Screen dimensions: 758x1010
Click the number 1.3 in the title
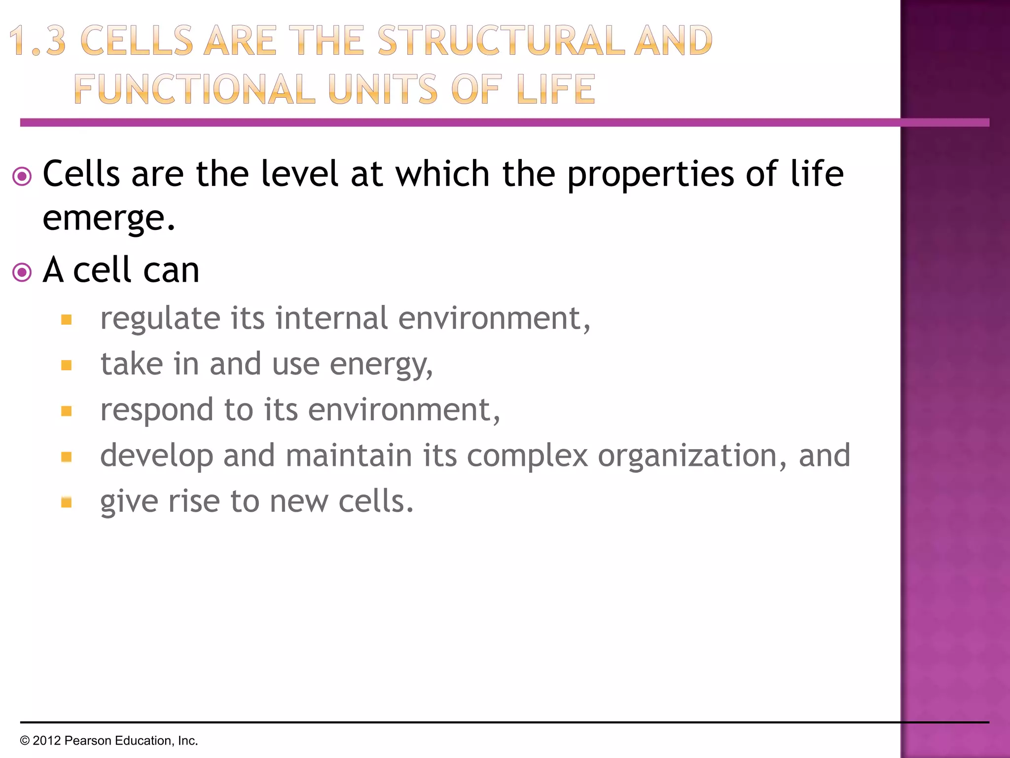(x=37, y=40)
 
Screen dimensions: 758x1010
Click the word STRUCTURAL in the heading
(x=501, y=40)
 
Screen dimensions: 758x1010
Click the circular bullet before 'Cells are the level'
(x=22, y=176)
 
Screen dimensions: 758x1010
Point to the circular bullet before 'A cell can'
(x=22, y=272)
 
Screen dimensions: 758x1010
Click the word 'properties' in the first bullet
(x=650, y=175)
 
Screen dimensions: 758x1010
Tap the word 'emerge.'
(x=109, y=218)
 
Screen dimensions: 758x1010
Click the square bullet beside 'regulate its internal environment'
(x=67, y=320)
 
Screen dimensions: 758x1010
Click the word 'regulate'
(x=160, y=319)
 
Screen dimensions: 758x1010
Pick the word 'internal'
(x=331, y=318)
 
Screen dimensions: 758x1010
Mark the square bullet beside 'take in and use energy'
(x=67, y=365)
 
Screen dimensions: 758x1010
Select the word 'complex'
(x=527, y=456)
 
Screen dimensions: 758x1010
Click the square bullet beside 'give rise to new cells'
(x=67, y=502)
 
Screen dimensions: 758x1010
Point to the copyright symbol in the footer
(x=25, y=741)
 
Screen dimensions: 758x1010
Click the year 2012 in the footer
(x=46, y=741)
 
